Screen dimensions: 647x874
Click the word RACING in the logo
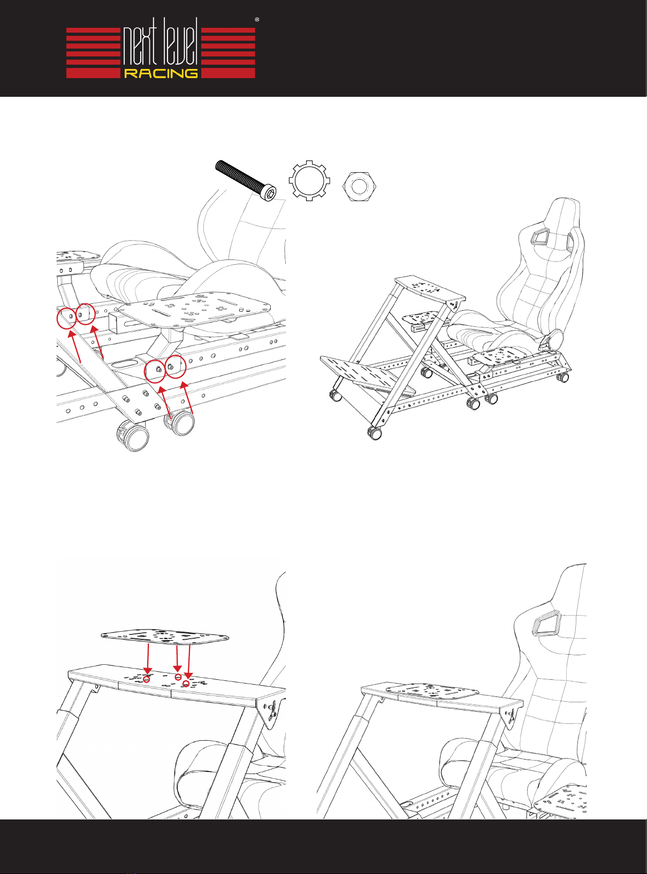coord(161,73)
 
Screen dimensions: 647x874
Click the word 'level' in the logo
coord(179,46)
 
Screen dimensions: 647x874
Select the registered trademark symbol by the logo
coord(257,19)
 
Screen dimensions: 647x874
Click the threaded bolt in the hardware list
coord(246,180)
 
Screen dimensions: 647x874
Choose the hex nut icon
coord(359,187)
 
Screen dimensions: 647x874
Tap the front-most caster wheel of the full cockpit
coord(375,432)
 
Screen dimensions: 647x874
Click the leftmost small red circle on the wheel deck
coord(147,679)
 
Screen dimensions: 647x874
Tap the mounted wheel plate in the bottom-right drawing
coord(432,691)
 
